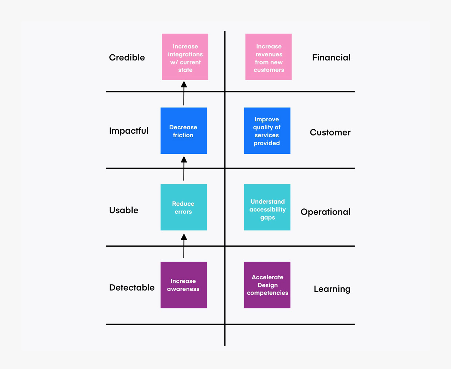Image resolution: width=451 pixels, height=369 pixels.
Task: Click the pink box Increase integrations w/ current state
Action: [185, 57]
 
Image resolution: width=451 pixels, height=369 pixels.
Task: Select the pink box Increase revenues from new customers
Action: [268, 57]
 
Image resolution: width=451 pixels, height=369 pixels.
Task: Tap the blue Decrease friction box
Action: [184, 130]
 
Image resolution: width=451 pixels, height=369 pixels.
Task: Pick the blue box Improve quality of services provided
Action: [267, 130]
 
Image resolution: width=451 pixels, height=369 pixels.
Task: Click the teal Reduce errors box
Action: [184, 207]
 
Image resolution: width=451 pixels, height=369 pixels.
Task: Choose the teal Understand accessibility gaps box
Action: [267, 207]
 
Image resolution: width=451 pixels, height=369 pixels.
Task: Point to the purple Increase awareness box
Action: [184, 285]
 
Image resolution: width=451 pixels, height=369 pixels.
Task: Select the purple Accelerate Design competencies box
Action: [267, 285]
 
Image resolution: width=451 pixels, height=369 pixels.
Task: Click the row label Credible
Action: [127, 58]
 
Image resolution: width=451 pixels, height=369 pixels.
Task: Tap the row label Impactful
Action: [129, 131]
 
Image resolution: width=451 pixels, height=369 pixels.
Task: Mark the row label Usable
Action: [123, 210]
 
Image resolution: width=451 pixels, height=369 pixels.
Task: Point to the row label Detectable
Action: [132, 287]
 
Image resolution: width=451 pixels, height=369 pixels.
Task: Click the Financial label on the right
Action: [331, 58]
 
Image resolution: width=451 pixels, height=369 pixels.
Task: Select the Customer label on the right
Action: [330, 133]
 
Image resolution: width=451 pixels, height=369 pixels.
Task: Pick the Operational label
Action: [325, 212]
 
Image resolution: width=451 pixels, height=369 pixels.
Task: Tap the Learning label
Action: [332, 289]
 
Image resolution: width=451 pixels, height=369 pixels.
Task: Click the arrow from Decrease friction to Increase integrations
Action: [184, 94]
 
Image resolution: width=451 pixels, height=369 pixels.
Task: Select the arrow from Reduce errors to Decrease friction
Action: [184, 169]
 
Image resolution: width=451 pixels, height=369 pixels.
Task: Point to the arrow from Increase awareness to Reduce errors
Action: [184, 246]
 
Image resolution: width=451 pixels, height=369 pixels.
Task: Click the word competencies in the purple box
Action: [267, 293]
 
